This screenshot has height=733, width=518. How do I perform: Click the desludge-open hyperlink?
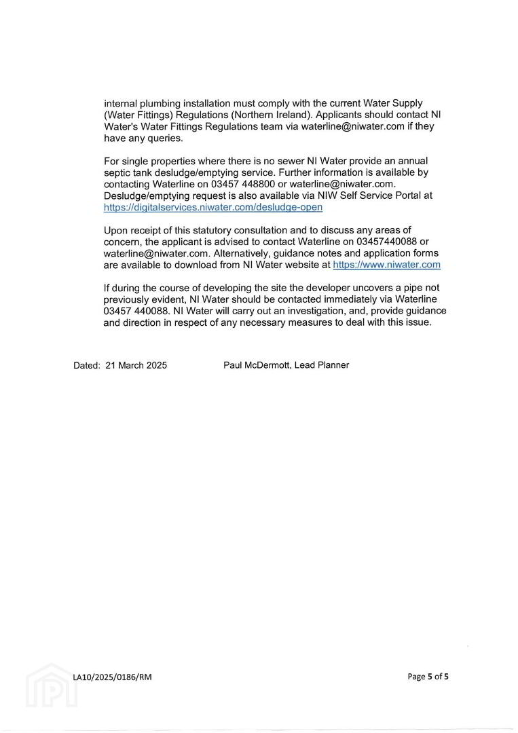tap(213, 207)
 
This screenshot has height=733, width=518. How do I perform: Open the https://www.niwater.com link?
tap(386, 265)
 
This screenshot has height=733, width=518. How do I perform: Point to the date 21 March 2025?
tap(136, 365)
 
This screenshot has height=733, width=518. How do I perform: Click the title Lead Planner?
tap(322, 365)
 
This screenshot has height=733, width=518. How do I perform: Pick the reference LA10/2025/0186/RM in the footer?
tap(113, 677)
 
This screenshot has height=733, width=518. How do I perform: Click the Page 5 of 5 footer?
tap(428, 676)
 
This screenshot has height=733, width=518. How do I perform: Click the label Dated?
tap(87, 365)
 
